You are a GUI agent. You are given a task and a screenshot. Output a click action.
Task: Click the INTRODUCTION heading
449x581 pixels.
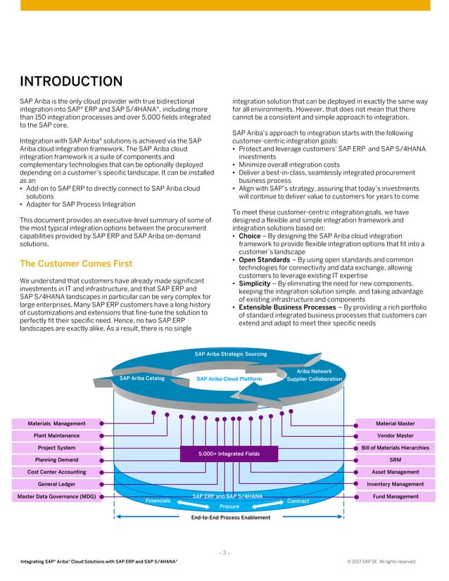click(x=71, y=82)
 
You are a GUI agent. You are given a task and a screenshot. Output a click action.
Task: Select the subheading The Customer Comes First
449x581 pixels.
click(x=75, y=264)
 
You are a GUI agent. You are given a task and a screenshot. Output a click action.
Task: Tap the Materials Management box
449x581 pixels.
click(x=56, y=423)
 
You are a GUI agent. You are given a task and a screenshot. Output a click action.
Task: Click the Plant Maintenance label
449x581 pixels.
click(x=56, y=435)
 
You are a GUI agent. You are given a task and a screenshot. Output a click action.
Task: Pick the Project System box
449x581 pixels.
click(x=56, y=448)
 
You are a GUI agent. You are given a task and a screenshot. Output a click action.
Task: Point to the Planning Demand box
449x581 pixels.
click(x=56, y=460)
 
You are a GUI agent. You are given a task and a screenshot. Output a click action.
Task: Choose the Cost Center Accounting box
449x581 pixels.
click(x=56, y=472)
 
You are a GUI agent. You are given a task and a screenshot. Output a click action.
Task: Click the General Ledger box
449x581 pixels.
click(x=56, y=484)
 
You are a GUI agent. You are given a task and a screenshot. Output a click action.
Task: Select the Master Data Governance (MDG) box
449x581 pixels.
click(x=56, y=497)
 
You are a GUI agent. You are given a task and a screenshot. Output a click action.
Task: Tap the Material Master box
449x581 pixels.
click(x=396, y=423)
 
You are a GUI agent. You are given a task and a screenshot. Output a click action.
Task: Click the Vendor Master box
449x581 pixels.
click(x=396, y=435)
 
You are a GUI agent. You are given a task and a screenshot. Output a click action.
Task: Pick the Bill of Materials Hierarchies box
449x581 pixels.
click(x=396, y=448)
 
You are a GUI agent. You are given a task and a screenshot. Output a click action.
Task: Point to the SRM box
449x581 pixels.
click(x=396, y=460)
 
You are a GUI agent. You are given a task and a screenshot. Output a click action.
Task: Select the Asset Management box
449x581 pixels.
click(x=396, y=472)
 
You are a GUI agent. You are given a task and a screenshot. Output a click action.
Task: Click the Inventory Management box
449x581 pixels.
click(x=396, y=484)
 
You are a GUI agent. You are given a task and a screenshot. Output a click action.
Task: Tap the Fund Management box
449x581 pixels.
click(x=396, y=497)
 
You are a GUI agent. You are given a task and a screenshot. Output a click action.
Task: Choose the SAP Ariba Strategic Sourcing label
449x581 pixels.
click(x=230, y=354)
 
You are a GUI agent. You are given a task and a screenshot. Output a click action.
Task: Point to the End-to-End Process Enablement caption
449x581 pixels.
click(x=230, y=518)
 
